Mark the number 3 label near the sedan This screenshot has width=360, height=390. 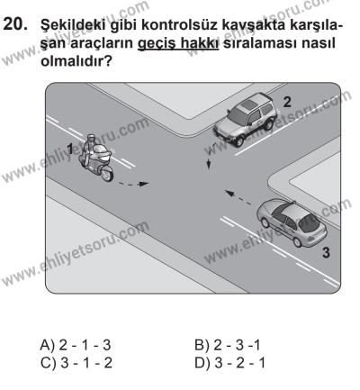point(324,255)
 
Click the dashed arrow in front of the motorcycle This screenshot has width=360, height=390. point(132,184)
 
